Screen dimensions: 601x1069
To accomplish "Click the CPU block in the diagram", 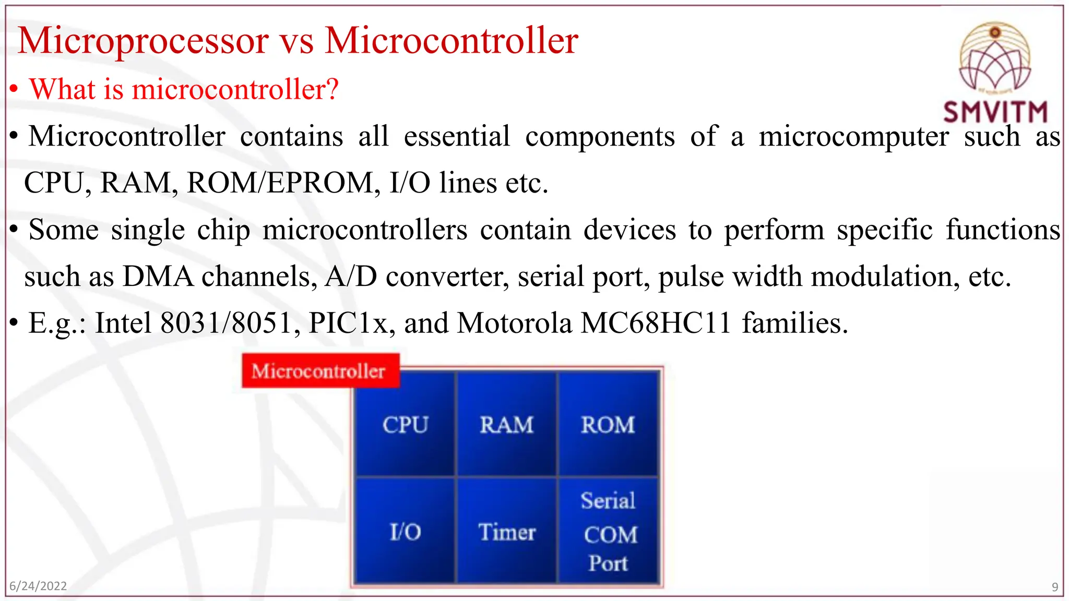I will click(x=405, y=424).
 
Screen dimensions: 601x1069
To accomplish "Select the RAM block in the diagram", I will click(x=506, y=424).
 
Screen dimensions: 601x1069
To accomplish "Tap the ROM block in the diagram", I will click(x=608, y=424).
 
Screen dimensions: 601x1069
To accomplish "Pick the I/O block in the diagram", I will click(x=405, y=532).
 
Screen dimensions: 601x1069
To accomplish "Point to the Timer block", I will click(x=506, y=532).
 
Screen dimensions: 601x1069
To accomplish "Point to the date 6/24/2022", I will click(x=38, y=586).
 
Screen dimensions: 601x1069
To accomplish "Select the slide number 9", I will click(x=1054, y=587).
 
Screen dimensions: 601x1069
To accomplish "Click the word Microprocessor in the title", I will click(x=143, y=41).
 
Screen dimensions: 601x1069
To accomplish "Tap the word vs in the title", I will click(x=296, y=41).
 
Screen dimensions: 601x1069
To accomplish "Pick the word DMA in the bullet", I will click(x=158, y=277).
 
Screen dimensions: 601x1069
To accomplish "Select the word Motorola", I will click(x=515, y=323).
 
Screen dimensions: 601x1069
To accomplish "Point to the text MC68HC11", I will click(x=656, y=323).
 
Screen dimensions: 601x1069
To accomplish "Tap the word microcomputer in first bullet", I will click(x=853, y=137).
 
